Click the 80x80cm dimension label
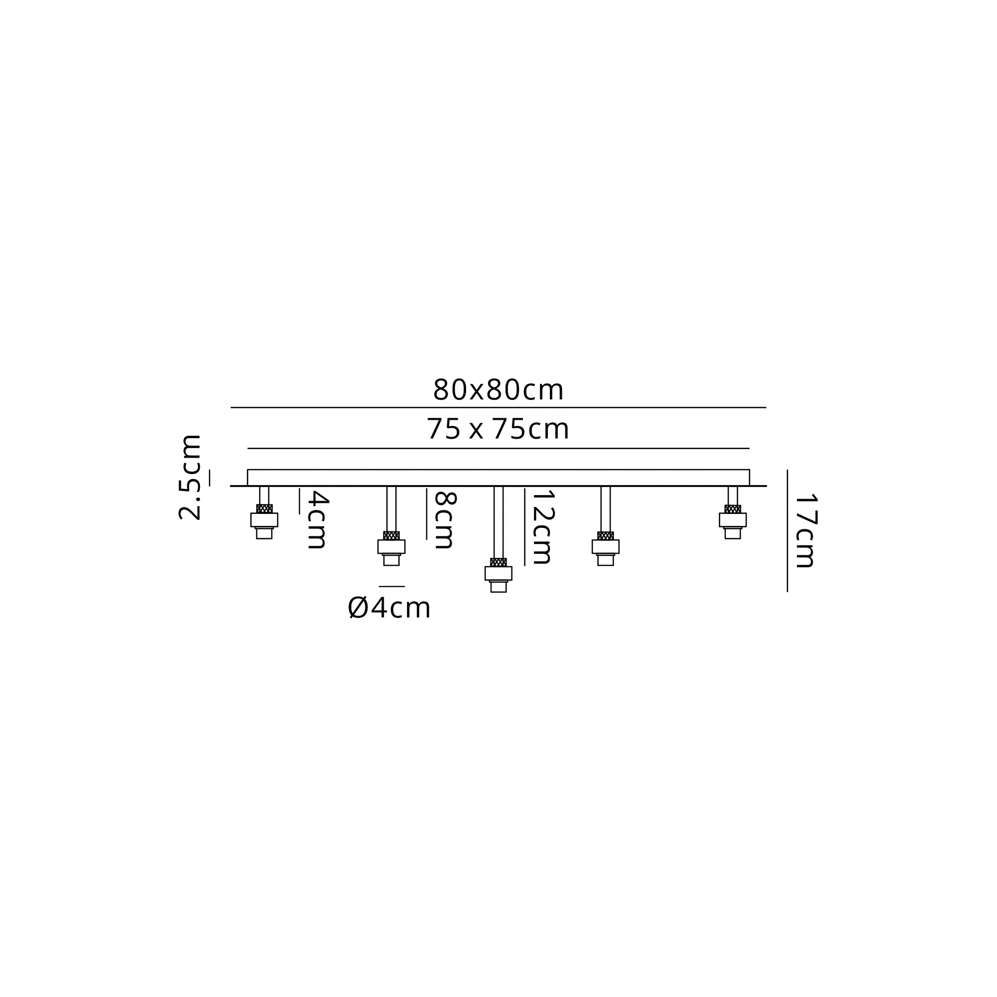pos(498,390)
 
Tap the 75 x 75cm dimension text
pos(498,429)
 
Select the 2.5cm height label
pos(189,478)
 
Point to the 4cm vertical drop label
pos(317,520)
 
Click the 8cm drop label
pos(444,520)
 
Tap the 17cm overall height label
pos(805,531)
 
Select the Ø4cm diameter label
pos(389,608)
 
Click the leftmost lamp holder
pos(264,522)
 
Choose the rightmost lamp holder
pos(733,522)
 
